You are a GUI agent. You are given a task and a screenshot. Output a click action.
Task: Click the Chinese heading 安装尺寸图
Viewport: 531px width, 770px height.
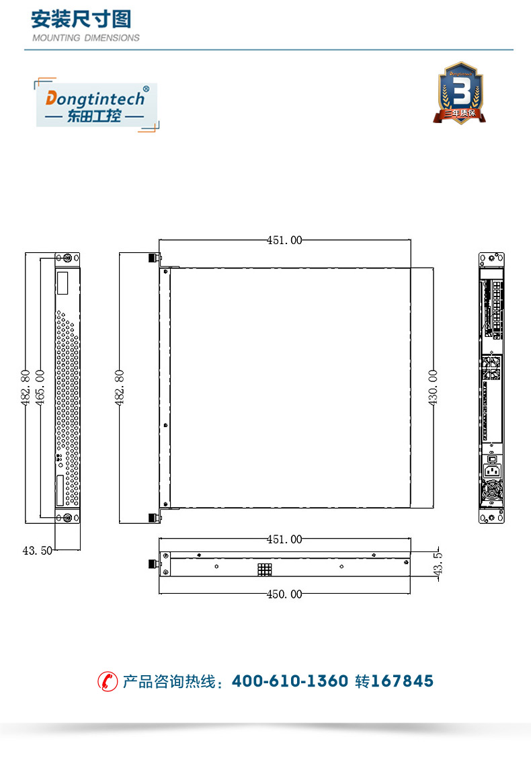tap(81, 19)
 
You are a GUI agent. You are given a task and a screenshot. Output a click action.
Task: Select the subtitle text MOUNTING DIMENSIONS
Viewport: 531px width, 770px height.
tap(86, 38)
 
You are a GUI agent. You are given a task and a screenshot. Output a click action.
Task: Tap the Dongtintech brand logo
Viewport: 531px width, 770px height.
tap(95, 105)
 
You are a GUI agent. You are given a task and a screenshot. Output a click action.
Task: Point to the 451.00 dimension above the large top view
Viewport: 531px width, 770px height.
tap(284, 240)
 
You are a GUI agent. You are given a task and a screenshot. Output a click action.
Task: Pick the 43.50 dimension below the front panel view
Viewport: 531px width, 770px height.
tap(37, 550)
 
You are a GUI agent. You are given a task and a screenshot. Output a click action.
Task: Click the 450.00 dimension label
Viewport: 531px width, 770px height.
tap(284, 594)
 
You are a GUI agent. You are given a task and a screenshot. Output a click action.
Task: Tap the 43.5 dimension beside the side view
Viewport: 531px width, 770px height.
tap(438, 565)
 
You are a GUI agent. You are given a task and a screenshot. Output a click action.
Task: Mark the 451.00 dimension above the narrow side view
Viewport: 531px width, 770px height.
tap(284, 539)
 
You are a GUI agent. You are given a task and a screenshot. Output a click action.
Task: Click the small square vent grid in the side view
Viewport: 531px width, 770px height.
tap(264, 570)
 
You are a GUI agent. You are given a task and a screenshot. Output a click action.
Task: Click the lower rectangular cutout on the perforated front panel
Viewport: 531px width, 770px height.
tap(63, 491)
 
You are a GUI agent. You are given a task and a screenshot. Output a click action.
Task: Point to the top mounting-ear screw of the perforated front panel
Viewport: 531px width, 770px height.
tap(67, 258)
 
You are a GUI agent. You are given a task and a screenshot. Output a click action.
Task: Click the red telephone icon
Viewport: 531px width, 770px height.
tap(107, 681)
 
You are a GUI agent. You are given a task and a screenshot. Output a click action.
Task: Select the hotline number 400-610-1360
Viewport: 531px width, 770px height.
tap(290, 681)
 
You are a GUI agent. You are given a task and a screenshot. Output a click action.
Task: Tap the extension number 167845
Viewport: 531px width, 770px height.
tap(402, 681)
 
